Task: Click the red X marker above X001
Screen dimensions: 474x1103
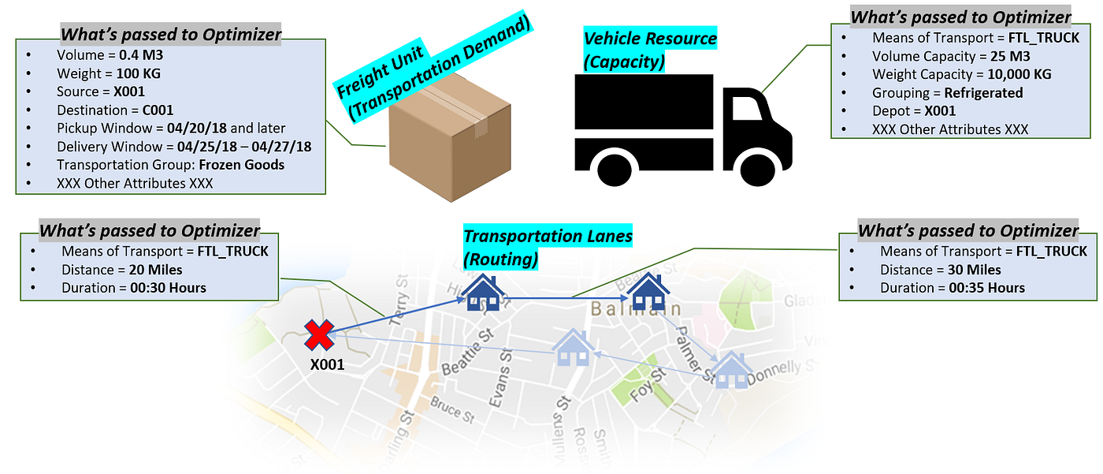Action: point(319,334)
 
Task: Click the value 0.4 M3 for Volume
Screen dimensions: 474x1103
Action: point(145,55)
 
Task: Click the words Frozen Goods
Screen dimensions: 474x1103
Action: point(242,165)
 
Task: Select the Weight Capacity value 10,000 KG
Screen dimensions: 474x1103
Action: point(1019,74)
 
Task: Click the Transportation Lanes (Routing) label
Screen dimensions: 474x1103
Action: point(548,247)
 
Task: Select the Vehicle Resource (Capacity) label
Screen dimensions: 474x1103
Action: point(650,48)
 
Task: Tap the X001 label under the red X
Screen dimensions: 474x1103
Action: point(326,364)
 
